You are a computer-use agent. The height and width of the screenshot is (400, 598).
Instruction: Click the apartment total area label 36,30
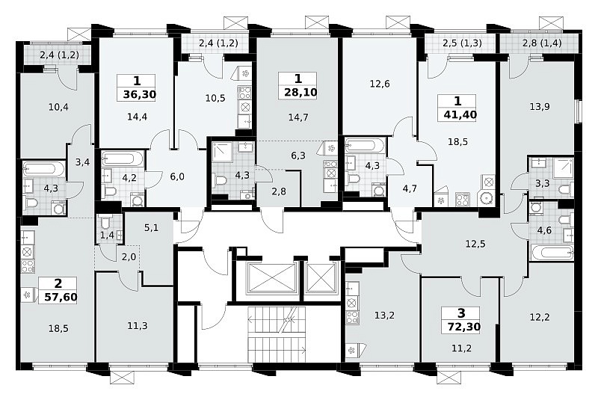140,94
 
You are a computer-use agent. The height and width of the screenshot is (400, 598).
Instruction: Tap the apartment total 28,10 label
301,93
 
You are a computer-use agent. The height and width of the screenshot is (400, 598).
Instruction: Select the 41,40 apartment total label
460,114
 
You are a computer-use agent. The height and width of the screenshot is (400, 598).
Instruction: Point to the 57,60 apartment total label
61,297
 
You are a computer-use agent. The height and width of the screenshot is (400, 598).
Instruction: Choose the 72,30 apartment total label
463,327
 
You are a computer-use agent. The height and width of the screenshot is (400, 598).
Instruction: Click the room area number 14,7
298,117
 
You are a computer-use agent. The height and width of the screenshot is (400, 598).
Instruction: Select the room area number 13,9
540,107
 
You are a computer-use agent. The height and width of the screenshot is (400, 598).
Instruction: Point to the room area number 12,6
380,84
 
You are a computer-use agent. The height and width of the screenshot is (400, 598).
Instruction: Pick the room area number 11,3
138,326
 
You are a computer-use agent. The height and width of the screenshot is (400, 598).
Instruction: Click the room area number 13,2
384,316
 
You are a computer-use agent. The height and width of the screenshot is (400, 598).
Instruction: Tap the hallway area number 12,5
475,244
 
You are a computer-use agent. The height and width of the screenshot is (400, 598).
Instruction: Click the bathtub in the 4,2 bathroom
123,159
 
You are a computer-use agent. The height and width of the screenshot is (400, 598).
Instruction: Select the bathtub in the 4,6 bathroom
552,253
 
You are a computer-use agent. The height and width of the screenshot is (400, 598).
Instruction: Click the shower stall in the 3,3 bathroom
564,167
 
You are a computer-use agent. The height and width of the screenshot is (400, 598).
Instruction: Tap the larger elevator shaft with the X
271,278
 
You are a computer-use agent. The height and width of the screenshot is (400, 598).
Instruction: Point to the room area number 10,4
58,107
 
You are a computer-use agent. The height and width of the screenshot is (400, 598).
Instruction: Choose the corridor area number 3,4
82,162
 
